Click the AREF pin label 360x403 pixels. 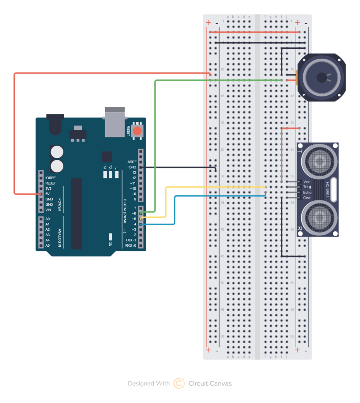[132, 162]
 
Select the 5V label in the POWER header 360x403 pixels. [48, 194]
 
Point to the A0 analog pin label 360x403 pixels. [48, 219]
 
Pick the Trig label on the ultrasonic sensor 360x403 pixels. [307, 187]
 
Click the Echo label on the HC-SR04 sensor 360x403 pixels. [307, 192]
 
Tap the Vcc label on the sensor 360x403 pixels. [307, 182]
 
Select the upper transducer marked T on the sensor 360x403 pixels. [318, 160]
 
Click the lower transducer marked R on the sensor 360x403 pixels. [318, 218]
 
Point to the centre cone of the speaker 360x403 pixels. [322, 78]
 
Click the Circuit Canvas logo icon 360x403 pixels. [179, 383]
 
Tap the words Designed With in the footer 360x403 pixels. [149, 383]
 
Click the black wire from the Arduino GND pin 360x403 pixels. [177, 167]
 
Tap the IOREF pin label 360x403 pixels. [50, 178]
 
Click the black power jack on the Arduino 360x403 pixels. [55, 122]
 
